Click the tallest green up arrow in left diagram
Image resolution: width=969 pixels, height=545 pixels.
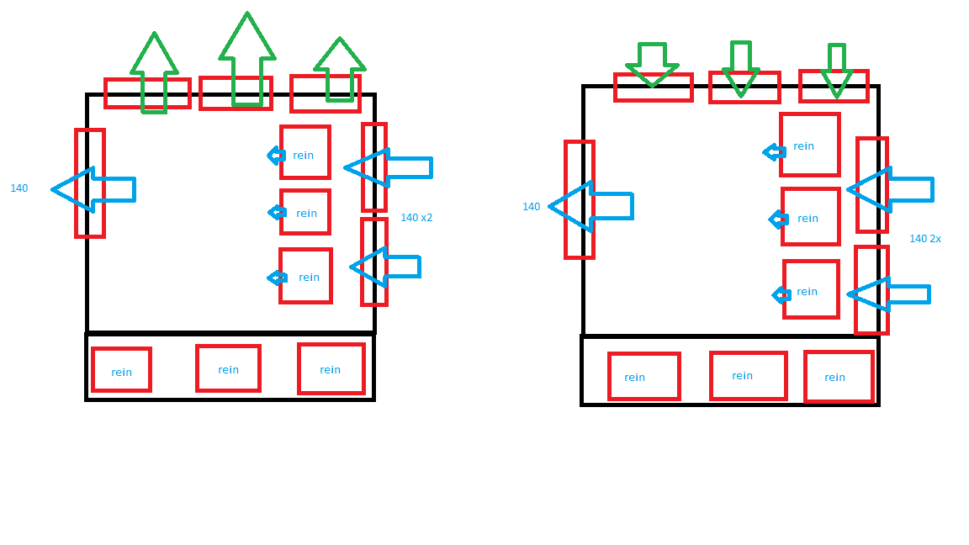(x=247, y=59)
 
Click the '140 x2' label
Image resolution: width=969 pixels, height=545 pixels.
(x=416, y=218)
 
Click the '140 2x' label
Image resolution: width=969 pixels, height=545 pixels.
(x=924, y=239)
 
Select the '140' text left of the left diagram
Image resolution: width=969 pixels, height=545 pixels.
(x=19, y=188)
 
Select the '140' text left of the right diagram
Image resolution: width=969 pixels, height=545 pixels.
(x=531, y=207)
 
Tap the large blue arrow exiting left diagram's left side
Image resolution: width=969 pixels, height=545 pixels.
(x=93, y=189)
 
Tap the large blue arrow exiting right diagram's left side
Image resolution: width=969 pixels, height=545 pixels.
(x=590, y=206)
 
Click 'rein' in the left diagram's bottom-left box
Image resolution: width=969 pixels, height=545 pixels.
(x=121, y=373)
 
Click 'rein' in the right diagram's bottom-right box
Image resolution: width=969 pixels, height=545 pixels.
(x=834, y=378)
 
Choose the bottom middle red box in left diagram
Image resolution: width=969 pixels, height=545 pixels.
(x=228, y=368)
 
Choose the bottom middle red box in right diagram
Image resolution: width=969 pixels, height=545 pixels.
(x=748, y=376)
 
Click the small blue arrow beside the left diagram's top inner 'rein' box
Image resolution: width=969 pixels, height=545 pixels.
(x=275, y=155)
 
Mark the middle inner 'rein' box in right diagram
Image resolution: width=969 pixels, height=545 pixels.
(x=810, y=217)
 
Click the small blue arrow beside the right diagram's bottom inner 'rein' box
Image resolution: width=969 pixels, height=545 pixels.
(x=781, y=294)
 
